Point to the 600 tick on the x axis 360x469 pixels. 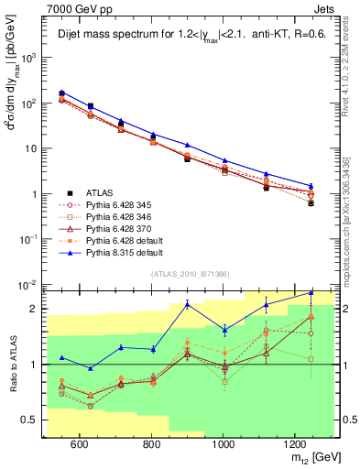click(79, 442)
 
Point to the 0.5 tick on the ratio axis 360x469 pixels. click(33, 420)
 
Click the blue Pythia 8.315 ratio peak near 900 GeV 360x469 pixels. click(187, 304)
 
